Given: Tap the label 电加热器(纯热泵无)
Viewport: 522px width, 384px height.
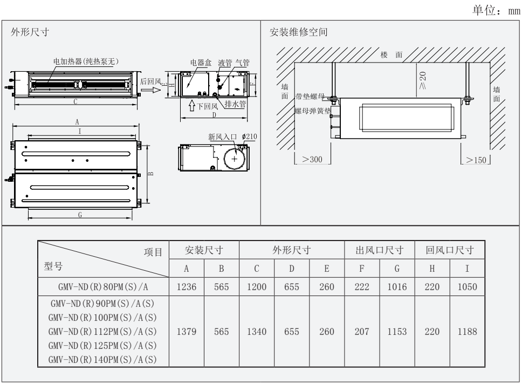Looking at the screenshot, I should [86, 61].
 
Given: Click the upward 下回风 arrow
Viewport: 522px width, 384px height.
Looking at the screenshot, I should [192, 105].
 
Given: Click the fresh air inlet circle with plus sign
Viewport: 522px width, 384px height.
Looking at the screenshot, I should [235, 160].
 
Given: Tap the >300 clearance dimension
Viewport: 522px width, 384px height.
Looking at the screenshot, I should [312, 160].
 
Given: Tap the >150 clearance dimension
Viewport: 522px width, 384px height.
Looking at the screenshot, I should [478, 160].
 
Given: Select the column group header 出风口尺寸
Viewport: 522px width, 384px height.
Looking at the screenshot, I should [379, 250].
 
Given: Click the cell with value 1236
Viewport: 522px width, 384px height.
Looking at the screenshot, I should [186, 286].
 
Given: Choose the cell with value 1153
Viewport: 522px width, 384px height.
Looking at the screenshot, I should [396, 332].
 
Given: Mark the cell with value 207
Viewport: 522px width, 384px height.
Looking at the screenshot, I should [361, 332].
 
